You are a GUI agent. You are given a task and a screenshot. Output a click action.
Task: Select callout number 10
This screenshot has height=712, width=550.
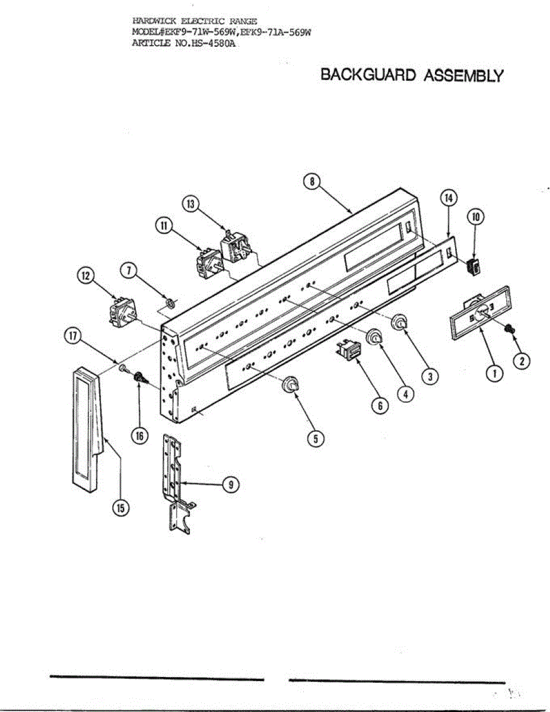click(x=476, y=217)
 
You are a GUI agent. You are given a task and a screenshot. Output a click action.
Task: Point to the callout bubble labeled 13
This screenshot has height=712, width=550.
click(x=190, y=204)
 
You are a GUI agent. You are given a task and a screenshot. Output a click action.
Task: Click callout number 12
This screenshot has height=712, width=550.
click(x=86, y=276)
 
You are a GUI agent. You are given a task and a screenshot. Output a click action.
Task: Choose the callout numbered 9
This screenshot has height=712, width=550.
click(x=230, y=484)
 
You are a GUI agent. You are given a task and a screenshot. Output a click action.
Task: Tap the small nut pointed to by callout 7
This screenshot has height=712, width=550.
click(x=169, y=304)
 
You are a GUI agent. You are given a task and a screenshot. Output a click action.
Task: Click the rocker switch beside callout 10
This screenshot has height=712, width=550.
click(x=473, y=267)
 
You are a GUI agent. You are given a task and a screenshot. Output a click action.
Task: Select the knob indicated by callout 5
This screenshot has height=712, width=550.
click(x=290, y=384)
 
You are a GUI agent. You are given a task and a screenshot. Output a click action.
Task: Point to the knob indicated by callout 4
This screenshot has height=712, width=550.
click(x=374, y=338)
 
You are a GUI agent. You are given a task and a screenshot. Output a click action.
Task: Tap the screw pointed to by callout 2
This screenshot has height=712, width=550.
click(x=509, y=328)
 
